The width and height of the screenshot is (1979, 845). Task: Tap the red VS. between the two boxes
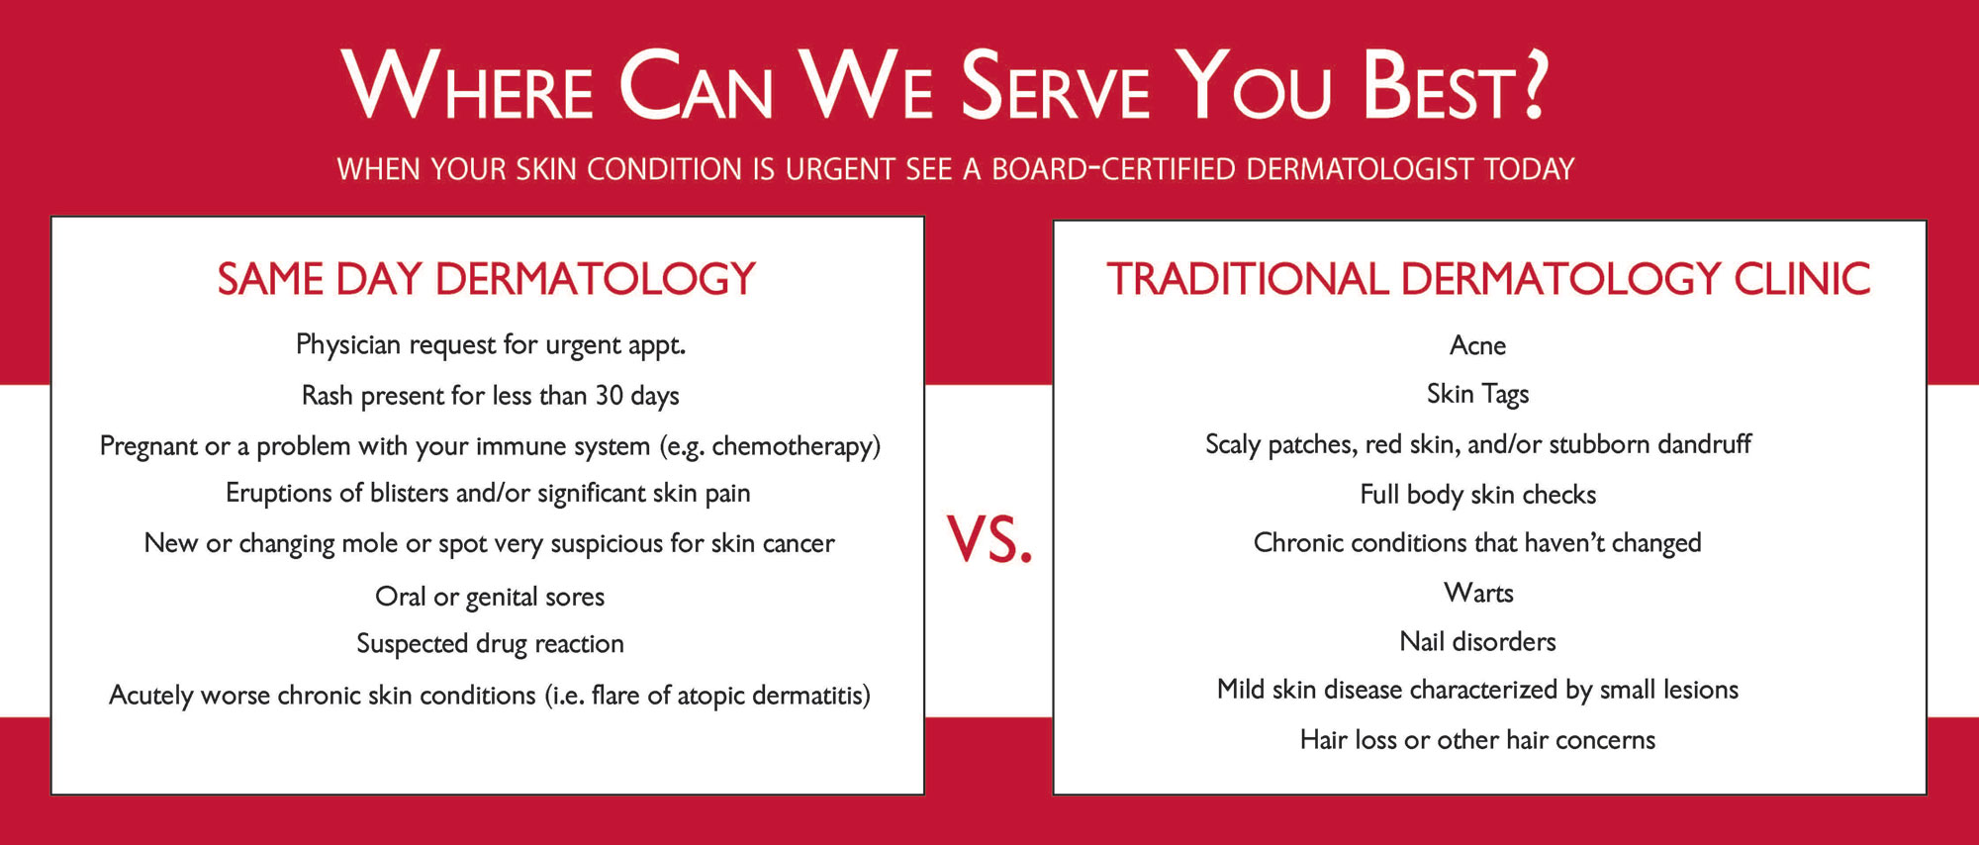coord(989,540)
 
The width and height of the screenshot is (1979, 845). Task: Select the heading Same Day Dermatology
coord(487,279)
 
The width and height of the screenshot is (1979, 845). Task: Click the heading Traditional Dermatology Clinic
coord(1488,279)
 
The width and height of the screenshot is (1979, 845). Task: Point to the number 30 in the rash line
coord(609,396)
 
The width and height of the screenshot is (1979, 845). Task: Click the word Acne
coord(1477,345)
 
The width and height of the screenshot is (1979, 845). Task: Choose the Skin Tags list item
coord(1477,395)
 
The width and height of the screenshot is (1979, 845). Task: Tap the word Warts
coord(1478,593)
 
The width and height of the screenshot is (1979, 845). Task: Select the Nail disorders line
coord(1477,641)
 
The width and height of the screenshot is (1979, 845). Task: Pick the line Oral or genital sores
coord(490,597)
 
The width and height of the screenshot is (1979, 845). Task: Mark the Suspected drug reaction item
coord(490,644)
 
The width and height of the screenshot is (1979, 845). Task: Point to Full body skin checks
coord(1477,495)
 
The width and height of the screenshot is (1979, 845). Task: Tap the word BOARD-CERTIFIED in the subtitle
coord(1114,169)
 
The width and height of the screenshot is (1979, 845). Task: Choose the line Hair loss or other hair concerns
coord(1477,740)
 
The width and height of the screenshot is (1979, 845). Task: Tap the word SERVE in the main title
coord(1055,87)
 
